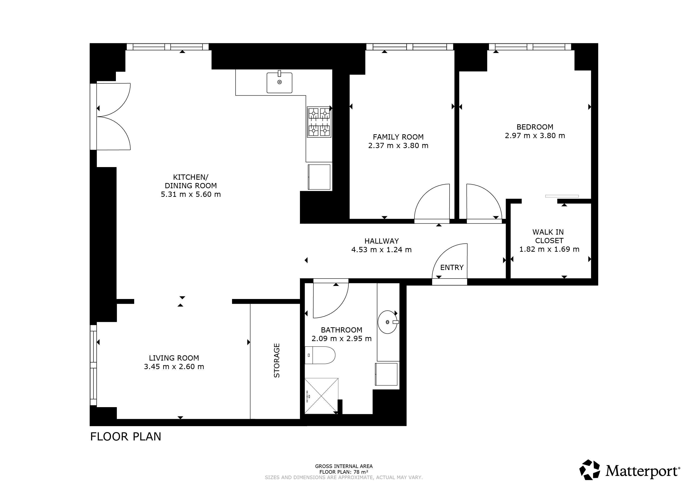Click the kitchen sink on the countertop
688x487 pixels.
pyautogui.click(x=279, y=82)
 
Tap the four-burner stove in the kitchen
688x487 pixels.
pyautogui.click(x=319, y=122)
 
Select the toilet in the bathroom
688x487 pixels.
pyautogui.click(x=320, y=355)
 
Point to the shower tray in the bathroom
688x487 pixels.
pyautogui.click(x=321, y=396)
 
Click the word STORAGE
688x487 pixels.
pyautogui.click(x=277, y=361)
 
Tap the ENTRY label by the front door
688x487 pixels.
pyautogui.click(x=451, y=267)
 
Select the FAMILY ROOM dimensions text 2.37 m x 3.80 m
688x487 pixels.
pyautogui.click(x=398, y=146)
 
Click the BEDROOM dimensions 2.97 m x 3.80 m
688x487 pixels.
pyautogui.click(x=535, y=135)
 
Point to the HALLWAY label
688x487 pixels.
pyautogui.click(x=381, y=241)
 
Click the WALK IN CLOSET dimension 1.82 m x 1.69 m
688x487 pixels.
pyautogui.click(x=549, y=249)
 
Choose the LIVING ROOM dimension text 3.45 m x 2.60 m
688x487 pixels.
pyautogui.click(x=174, y=366)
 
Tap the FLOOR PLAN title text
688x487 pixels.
pyautogui.click(x=126, y=437)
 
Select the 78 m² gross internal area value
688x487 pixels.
pyautogui.click(x=361, y=472)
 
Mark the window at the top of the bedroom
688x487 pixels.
pyautogui.click(x=530, y=47)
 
